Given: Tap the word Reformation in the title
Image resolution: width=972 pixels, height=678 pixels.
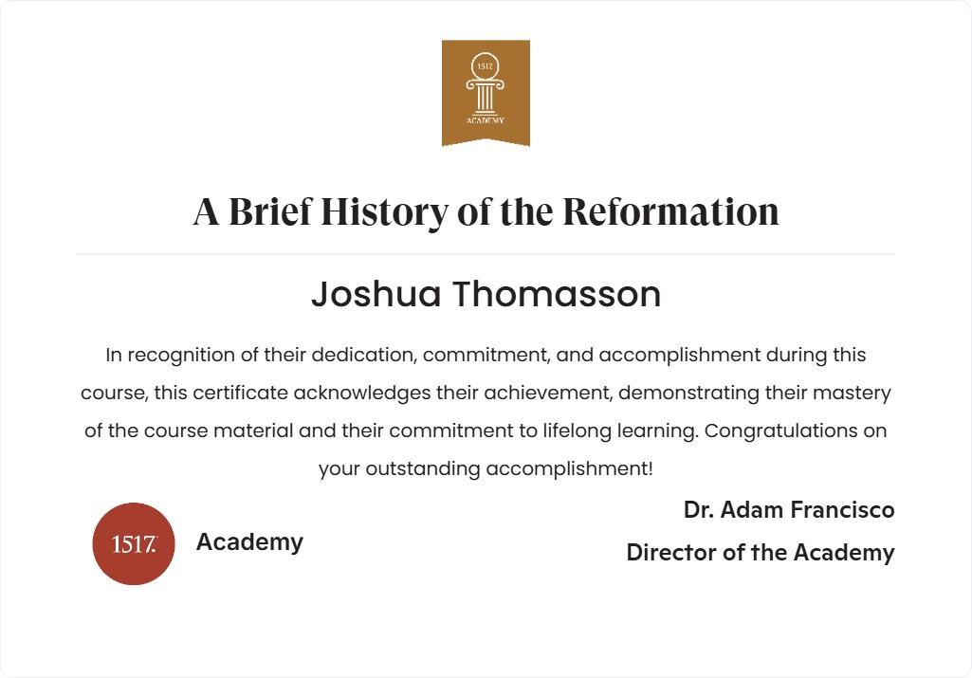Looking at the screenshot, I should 670,211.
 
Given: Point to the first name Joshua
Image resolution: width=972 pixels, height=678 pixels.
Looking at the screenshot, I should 376,295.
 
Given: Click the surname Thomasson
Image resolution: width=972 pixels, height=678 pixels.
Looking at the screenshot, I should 556,295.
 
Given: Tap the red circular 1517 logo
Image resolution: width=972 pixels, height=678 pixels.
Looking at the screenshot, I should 134,543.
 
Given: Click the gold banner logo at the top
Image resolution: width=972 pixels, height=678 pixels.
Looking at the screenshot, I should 486,92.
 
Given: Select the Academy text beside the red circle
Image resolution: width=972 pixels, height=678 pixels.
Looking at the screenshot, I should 249,542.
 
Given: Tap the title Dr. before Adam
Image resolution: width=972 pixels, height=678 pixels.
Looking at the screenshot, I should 699,510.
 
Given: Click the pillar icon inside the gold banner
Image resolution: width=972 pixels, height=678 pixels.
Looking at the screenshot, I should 486,90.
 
